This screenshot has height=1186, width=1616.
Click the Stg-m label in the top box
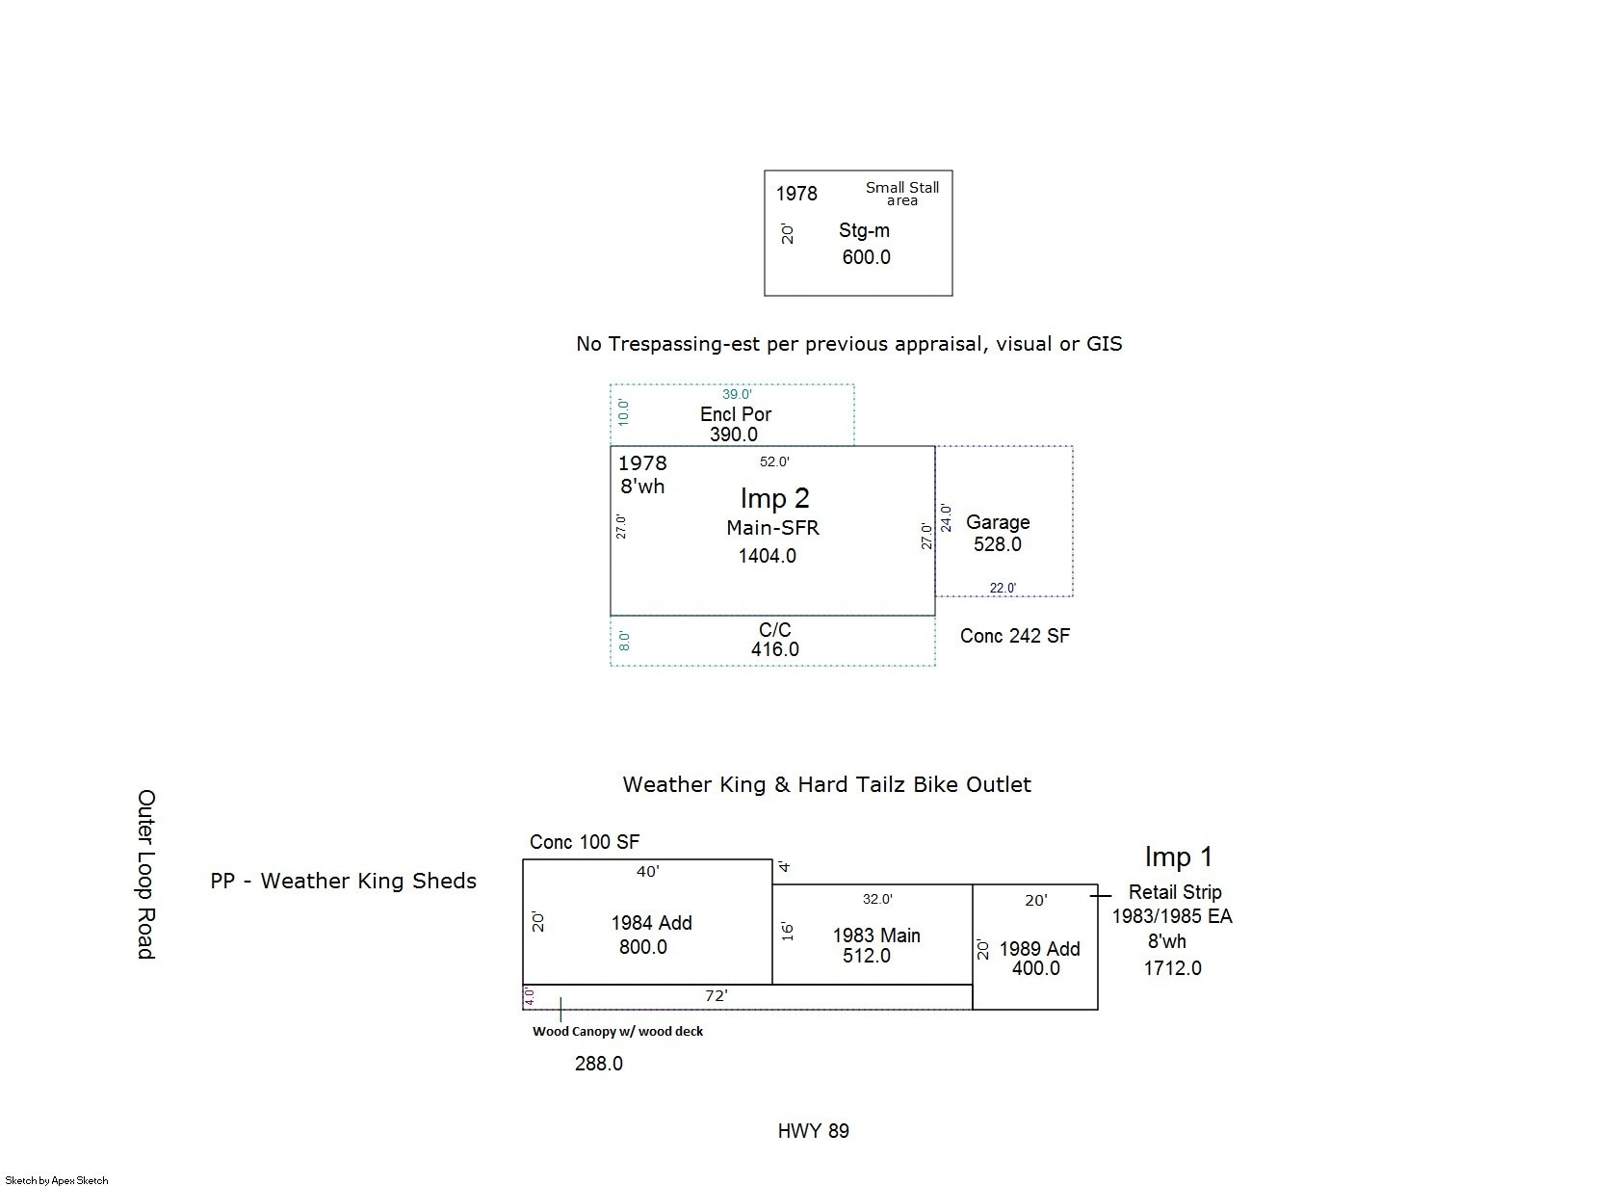(864, 230)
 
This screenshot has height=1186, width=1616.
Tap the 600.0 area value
(866, 257)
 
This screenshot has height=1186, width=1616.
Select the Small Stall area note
(901, 194)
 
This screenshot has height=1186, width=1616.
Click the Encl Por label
(735, 414)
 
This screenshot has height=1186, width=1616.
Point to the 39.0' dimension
(737, 394)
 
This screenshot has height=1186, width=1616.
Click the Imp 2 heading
(774, 498)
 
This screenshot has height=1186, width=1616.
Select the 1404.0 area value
(767, 556)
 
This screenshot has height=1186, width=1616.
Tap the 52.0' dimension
(774, 462)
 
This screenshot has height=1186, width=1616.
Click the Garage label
(998, 522)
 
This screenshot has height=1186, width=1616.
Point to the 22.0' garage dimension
(1003, 589)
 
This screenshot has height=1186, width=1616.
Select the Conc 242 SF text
(1014, 636)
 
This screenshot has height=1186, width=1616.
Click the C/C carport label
(775, 629)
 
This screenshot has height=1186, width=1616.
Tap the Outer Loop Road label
(146, 874)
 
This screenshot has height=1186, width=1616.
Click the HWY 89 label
(813, 1131)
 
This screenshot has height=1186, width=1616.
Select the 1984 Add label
(651, 923)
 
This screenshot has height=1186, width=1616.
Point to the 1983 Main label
(876, 936)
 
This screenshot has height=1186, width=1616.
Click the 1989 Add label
(1039, 949)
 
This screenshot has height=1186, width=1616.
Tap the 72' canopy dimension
(716, 996)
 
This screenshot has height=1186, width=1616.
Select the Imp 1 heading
(1178, 857)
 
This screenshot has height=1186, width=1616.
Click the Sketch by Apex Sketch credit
(56, 1180)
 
